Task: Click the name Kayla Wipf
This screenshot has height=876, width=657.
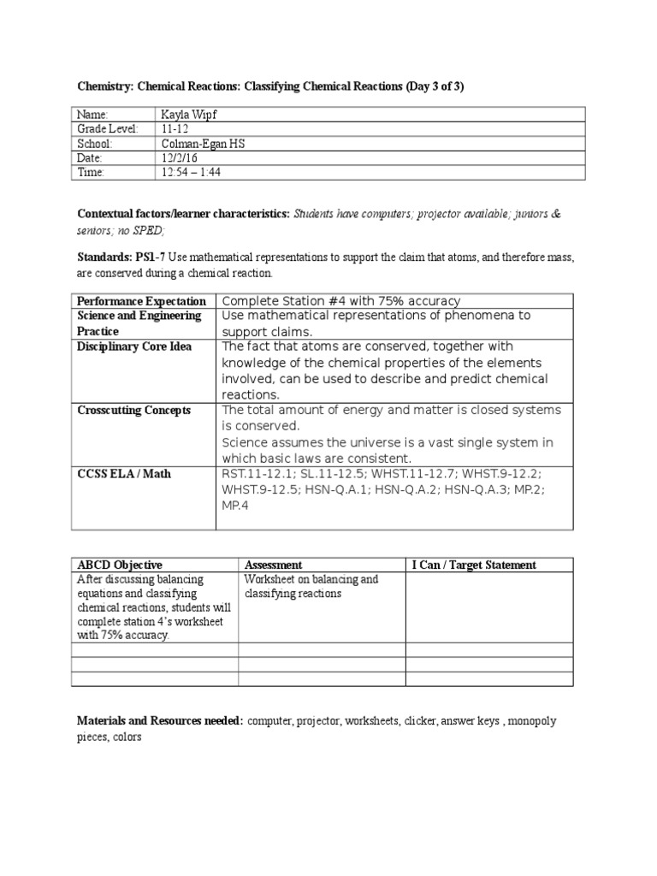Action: coord(189,115)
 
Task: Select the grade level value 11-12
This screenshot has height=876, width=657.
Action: coord(175,129)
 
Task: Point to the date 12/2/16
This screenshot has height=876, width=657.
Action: coord(179,158)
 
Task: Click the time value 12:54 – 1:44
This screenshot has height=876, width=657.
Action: coord(193,173)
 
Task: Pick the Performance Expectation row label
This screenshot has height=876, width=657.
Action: coord(141,301)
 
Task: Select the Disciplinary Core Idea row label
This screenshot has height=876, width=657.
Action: coord(134,346)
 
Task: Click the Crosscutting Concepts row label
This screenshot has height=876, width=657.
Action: coord(133,410)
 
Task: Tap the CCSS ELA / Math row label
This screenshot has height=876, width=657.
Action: coord(123,473)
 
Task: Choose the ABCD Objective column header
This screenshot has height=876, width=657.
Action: coord(120,565)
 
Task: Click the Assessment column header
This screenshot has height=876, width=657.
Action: coord(273,565)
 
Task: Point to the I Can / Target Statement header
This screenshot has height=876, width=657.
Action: coord(474,565)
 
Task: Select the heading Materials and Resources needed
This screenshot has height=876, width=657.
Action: coord(161,720)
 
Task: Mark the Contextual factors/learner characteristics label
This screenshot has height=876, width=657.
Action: coord(183,213)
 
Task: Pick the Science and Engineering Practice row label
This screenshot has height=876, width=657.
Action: coord(139,323)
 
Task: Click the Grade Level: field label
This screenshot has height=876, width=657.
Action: coord(107,129)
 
